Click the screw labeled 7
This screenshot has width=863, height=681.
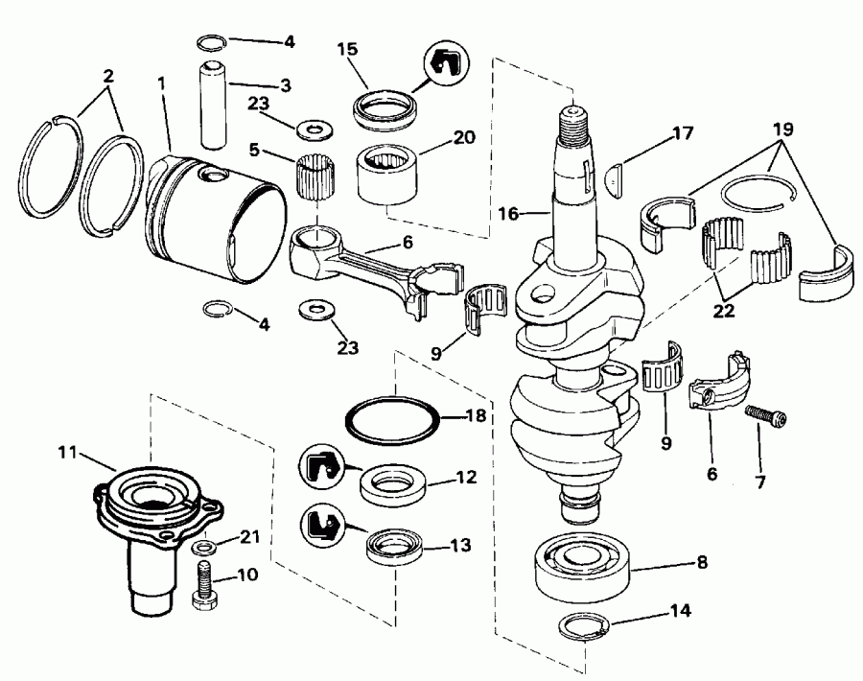(766, 417)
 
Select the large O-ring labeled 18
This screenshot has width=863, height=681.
(393, 420)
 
